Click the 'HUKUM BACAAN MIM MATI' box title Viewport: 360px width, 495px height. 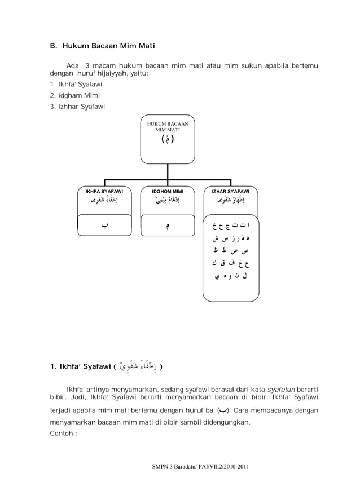click(x=168, y=126)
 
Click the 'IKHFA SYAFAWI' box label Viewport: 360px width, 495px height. click(x=104, y=192)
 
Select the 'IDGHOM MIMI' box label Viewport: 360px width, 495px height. click(x=168, y=192)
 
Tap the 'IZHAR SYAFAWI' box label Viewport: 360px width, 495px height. click(x=231, y=192)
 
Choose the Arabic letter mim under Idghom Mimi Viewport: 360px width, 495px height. click(x=168, y=227)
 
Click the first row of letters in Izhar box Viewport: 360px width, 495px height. click(x=231, y=227)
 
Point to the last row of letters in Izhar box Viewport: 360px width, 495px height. click(x=231, y=276)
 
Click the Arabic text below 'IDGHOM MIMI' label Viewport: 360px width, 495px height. click(x=168, y=201)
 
